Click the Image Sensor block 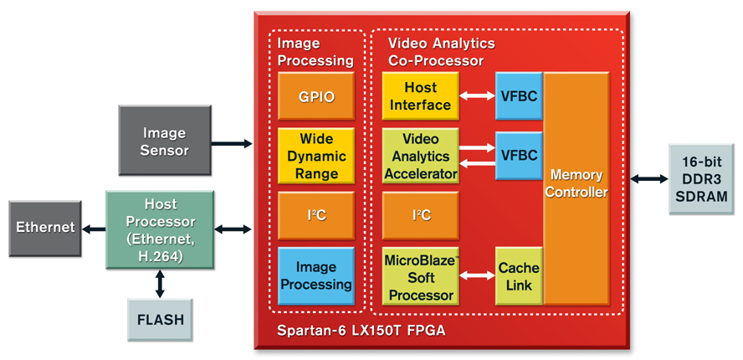(x=164, y=141)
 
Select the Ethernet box (x=45, y=227)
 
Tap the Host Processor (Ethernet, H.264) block (x=160, y=229)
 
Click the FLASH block (x=160, y=319)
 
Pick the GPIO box (x=316, y=96)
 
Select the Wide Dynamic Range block (x=316, y=156)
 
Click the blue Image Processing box (x=316, y=275)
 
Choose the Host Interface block (x=420, y=96)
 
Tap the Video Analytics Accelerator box (x=420, y=156)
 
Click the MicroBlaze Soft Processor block (x=420, y=275)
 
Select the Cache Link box (x=519, y=276)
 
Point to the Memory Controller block (x=576, y=186)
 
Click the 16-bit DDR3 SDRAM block (x=704, y=179)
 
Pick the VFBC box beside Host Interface (x=519, y=96)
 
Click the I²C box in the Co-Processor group (x=420, y=215)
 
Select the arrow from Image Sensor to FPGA (x=231, y=144)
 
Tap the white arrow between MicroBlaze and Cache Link (x=477, y=276)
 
